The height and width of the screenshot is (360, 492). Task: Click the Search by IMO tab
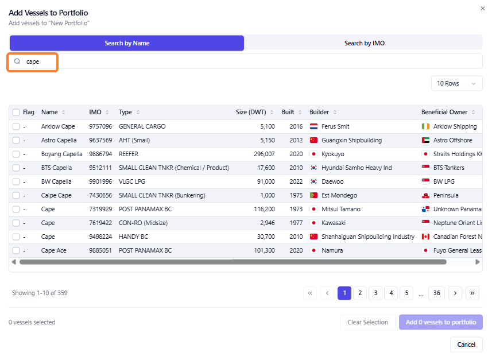(364, 43)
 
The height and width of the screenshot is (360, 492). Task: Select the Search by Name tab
(127, 43)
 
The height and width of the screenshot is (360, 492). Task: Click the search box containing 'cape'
(245, 61)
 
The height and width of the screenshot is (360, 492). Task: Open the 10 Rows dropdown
(456, 83)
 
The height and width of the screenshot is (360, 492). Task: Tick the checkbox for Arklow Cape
(16, 126)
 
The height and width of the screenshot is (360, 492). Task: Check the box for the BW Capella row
(16, 182)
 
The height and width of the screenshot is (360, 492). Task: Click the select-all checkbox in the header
(16, 112)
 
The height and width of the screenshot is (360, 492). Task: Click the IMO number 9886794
(100, 154)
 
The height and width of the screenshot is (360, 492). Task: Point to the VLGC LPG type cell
(132, 182)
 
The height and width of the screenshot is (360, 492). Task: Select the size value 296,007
(264, 154)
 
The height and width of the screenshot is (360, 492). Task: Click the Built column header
(288, 112)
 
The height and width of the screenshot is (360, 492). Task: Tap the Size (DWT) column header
(251, 112)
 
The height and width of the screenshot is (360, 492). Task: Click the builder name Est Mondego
(339, 196)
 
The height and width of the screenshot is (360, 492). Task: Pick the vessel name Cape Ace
(53, 250)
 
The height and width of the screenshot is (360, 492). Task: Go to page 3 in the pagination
(375, 293)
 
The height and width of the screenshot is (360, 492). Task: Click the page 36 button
(436, 293)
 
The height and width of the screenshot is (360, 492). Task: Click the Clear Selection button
(367, 322)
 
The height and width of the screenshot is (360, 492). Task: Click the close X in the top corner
(483, 9)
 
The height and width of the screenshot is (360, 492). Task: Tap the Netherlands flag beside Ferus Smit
(314, 126)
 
